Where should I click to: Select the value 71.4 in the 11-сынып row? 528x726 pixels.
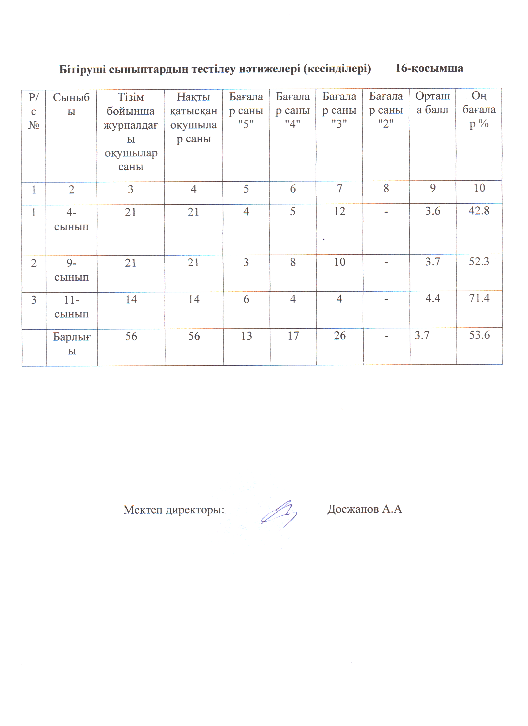pyautogui.click(x=479, y=298)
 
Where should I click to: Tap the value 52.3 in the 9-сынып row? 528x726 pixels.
pyautogui.click(x=479, y=262)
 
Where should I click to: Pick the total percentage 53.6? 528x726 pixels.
pyautogui.click(x=479, y=335)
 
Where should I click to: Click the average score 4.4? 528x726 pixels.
pyautogui.click(x=433, y=298)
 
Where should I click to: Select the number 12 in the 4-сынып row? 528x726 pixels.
pyautogui.click(x=339, y=211)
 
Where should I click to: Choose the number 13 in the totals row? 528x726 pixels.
pyautogui.click(x=247, y=336)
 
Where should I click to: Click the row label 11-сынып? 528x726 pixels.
pyautogui.click(x=71, y=307)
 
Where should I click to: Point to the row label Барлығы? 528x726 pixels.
pyautogui.click(x=72, y=344)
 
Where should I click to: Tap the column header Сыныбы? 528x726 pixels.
pyautogui.click(x=71, y=104)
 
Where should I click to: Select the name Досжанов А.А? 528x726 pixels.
pyautogui.click(x=364, y=509)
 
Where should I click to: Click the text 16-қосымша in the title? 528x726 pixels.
pyautogui.click(x=429, y=68)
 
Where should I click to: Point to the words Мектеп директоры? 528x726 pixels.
pyautogui.click(x=174, y=510)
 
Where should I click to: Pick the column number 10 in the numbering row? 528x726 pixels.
pyautogui.click(x=479, y=188)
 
